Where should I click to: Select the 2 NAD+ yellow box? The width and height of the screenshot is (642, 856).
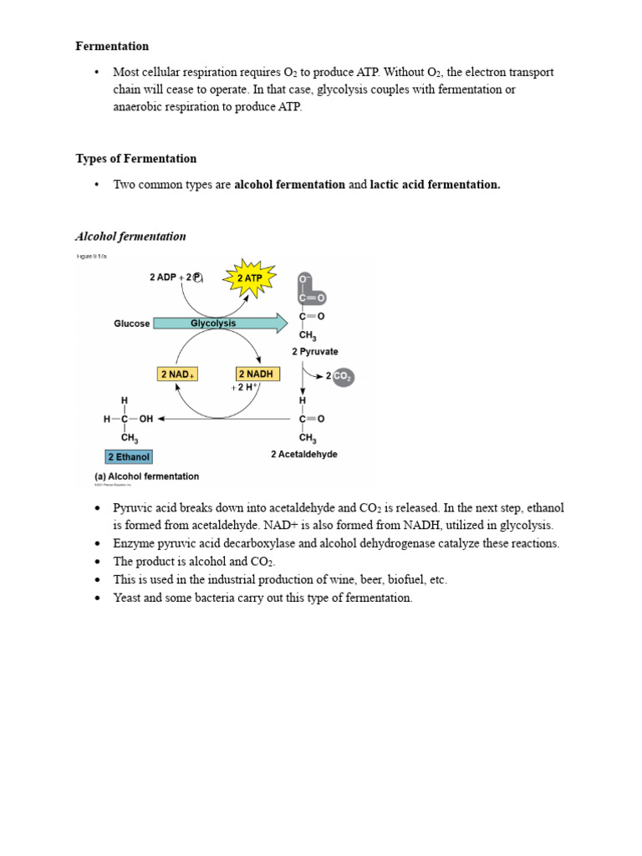[x=177, y=374]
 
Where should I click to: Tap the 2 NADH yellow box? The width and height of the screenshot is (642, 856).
[x=257, y=374]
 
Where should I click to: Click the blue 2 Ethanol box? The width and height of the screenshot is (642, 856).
[x=129, y=457]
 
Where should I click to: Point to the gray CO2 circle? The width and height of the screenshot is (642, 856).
[x=343, y=377]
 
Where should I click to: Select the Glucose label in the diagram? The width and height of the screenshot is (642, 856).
[x=132, y=324]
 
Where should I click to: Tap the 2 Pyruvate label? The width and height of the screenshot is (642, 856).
[x=315, y=352]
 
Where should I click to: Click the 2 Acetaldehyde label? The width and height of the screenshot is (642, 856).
[x=304, y=455]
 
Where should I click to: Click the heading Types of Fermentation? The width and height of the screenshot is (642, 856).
[x=136, y=159]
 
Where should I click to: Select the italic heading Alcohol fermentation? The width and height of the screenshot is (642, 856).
[x=131, y=237]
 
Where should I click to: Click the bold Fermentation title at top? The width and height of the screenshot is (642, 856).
[x=112, y=46]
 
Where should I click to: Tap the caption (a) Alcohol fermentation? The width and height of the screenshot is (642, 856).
[x=146, y=476]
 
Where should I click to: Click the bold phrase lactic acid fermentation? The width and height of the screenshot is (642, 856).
[x=435, y=185]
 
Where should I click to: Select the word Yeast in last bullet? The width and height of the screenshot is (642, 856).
[x=128, y=598]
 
